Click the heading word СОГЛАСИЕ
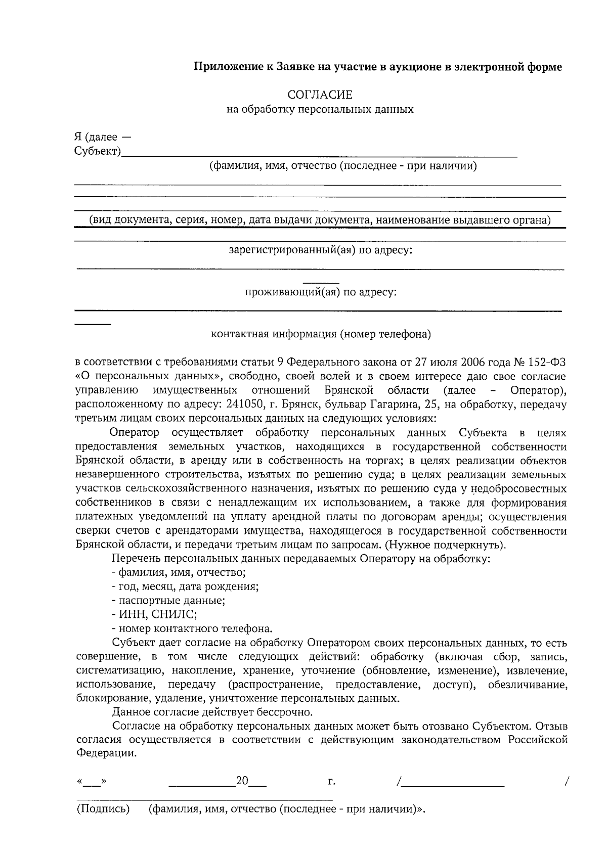[x=320, y=95]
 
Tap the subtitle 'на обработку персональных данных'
[x=320, y=109]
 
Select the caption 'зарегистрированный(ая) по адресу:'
[x=321, y=250]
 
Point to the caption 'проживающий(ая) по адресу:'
[x=320, y=292]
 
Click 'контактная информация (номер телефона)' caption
[x=321, y=334]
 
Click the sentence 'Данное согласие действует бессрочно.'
[x=212, y=712]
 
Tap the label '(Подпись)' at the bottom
[x=103, y=809]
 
